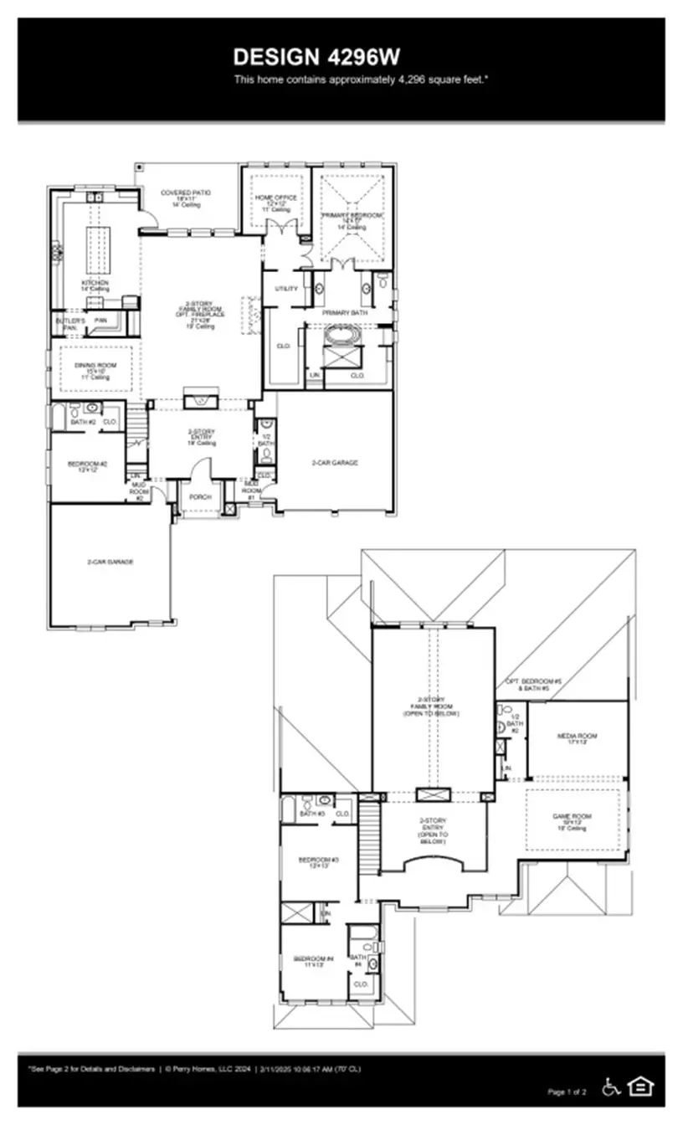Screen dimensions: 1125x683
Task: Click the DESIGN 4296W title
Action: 316,57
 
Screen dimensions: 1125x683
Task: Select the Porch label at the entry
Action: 200,496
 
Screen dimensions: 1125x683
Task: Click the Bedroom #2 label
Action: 87,466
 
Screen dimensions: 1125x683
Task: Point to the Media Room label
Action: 575,737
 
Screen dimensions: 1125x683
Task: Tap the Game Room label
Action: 572,819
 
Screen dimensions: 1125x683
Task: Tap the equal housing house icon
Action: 640,1086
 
